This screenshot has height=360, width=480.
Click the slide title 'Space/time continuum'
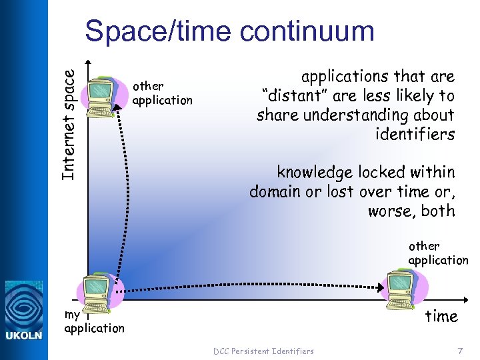tap(229, 31)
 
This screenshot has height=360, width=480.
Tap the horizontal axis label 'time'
tap(441, 316)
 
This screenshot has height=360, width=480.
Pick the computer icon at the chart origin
tap(97, 291)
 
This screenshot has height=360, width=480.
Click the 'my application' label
tap(94, 321)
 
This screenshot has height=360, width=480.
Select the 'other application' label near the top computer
tap(162, 93)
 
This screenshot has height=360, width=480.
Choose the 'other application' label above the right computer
tap(438, 253)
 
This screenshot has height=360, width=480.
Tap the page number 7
tap(459, 350)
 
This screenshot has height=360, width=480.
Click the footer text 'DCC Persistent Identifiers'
tap(263, 351)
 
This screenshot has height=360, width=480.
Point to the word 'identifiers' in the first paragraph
tap(415, 135)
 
